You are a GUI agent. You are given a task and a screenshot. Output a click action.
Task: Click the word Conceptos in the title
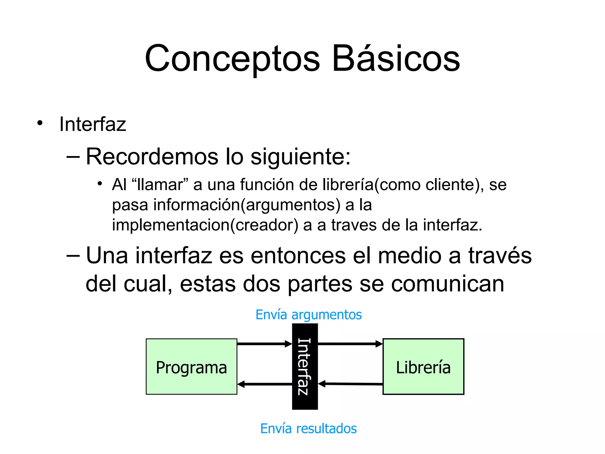click(x=232, y=59)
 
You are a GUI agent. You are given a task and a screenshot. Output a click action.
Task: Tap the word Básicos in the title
click(x=396, y=59)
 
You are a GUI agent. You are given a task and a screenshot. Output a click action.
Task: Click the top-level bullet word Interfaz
click(x=92, y=124)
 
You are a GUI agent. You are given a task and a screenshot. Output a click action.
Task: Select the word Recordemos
click(x=152, y=156)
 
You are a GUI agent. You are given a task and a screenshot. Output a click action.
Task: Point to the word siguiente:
click(x=300, y=157)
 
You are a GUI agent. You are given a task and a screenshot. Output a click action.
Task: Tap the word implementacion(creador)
click(x=205, y=225)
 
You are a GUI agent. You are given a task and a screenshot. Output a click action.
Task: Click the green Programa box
click(x=191, y=367)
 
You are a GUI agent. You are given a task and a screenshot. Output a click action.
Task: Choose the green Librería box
click(x=423, y=367)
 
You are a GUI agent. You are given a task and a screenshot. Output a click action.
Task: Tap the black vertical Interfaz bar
click(x=305, y=367)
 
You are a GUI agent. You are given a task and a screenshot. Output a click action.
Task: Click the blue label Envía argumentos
click(x=308, y=314)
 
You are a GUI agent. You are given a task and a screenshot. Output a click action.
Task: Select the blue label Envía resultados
click(x=308, y=429)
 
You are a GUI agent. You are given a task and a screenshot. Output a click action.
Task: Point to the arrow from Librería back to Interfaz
click(x=350, y=384)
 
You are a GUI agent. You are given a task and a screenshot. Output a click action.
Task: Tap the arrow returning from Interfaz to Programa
click(x=265, y=384)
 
